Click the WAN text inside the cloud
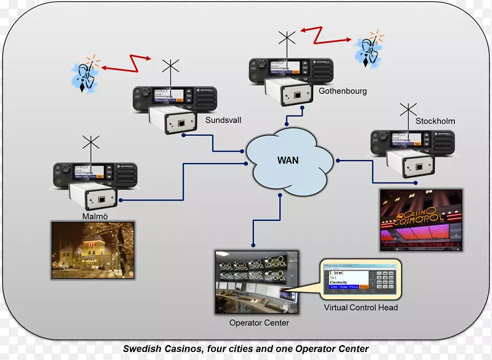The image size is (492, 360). coord(288,161)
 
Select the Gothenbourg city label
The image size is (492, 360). coord(343,91)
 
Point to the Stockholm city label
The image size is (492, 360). coord(435,121)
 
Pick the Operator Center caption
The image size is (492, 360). coord(259,322)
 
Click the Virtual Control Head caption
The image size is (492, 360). coord(360,308)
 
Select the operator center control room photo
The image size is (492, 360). coord(256,282)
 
